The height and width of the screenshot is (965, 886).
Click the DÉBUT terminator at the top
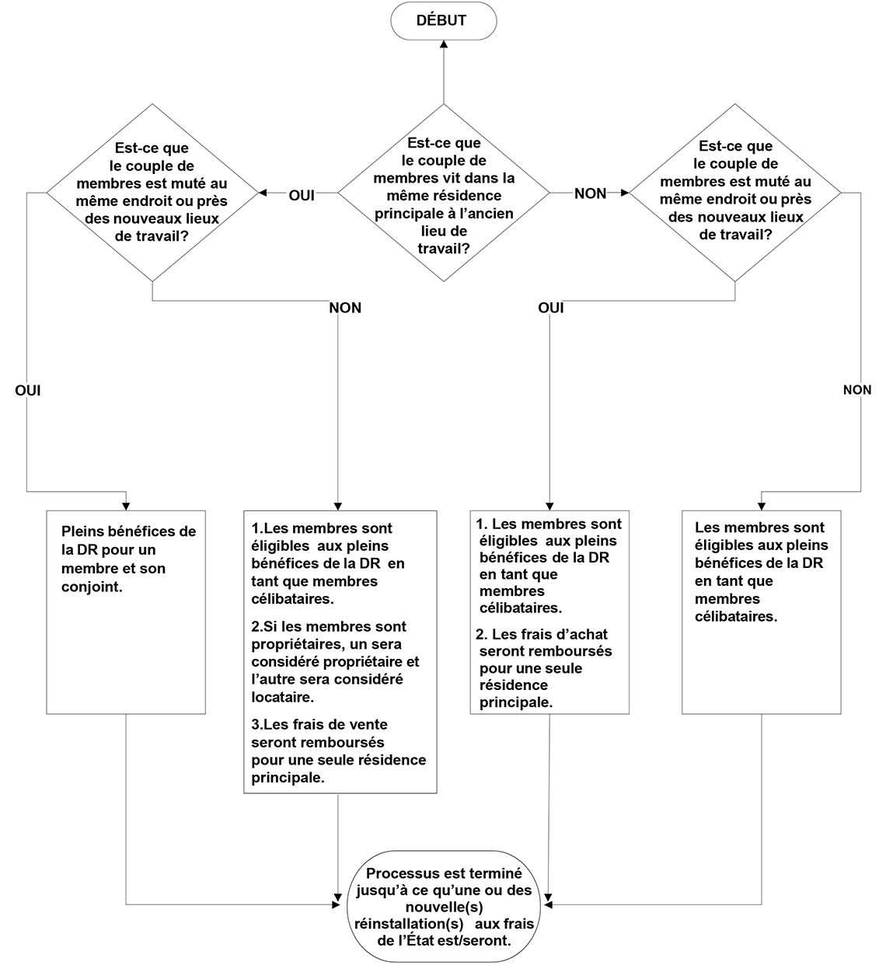coord(443,21)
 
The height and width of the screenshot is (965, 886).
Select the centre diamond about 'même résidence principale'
coord(444,193)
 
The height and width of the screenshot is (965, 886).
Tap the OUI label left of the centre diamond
coord(302,195)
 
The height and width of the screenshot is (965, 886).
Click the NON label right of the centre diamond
coord(590,193)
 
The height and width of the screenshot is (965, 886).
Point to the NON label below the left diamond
coord(345,308)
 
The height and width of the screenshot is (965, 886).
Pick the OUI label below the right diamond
coord(550,308)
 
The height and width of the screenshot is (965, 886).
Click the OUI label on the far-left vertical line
coord(27,390)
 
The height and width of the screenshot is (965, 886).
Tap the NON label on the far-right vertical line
coord(857,390)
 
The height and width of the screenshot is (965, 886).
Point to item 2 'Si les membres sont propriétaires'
coord(335,661)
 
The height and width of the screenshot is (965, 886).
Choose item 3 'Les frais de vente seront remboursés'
coord(338,751)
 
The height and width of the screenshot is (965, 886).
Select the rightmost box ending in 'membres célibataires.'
coord(761,611)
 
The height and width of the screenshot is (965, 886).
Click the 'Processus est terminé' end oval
coord(444,906)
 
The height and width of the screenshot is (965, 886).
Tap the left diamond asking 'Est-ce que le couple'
coord(152,192)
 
